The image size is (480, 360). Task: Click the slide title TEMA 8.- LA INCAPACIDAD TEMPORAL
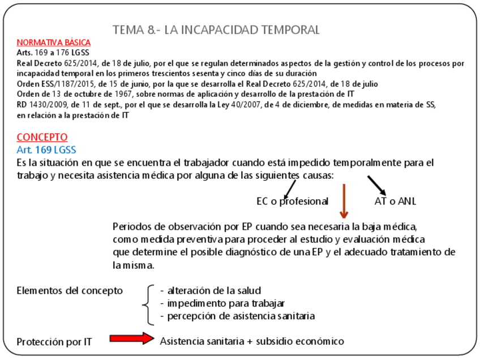tap(216, 29)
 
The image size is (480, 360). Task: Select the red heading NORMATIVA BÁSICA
tap(54, 42)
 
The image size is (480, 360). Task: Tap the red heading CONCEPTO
tap(42, 137)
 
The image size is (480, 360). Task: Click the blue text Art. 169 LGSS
tap(46, 149)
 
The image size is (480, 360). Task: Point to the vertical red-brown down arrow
tap(343, 200)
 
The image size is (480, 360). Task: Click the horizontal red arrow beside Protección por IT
tap(131, 338)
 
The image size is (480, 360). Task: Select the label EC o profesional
tap(292, 201)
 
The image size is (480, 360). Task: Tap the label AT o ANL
tap(396, 201)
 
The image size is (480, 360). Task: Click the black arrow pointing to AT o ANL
tap(377, 186)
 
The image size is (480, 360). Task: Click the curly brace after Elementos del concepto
tap(149, 305)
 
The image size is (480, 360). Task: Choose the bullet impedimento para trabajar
tap(222, 303)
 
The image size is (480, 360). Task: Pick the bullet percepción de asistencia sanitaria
tap(237, 315)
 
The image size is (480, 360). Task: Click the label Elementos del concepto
tap(70, 290)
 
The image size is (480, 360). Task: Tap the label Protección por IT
tap(54, 341)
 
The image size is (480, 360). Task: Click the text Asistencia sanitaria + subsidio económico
tap(252, 341)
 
